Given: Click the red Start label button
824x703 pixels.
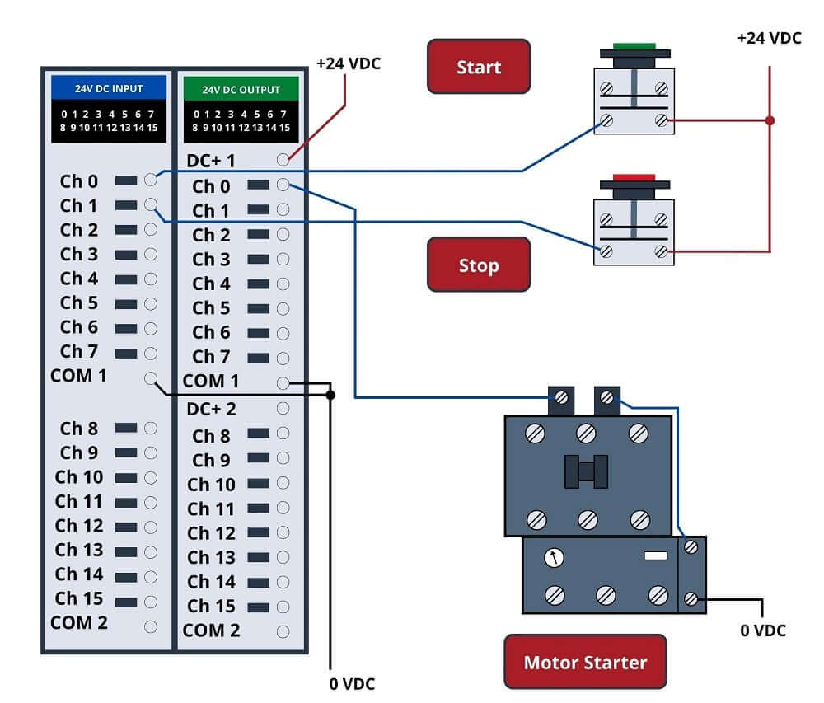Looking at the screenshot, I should click(x=479, y=67).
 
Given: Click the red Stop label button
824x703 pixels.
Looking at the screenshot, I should click(x=479, y=265).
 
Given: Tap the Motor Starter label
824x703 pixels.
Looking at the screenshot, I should click(x=585, y=662).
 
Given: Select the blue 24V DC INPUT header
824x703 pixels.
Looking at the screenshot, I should click(x=109, y=88).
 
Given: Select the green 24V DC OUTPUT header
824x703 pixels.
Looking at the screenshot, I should click(x=241, y=89).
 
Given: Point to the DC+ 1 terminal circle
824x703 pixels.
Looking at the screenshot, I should click(x=283, y=160).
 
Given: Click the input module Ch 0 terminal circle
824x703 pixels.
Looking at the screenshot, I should click(x=150, y=180).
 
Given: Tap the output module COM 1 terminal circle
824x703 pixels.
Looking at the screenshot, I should click(x=283, y=382).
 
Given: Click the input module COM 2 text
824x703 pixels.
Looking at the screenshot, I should click(x=79, y=623).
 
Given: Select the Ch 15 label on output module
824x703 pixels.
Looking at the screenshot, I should click(x=211, y=607).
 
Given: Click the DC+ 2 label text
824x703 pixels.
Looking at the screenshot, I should click(x=211, y=409).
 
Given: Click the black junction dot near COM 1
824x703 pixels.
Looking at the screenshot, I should click(x=330, y=396).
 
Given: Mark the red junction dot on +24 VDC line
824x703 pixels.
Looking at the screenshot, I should click(x=770, y=120).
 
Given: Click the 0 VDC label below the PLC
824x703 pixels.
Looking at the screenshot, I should click(x=353, y=683).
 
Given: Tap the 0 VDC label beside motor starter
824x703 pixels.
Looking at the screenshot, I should click(x=762, y=630).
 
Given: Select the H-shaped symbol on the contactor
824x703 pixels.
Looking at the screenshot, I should click(x=586, y=471).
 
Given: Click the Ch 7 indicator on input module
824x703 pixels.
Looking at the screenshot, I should click(x=125, y=354).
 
